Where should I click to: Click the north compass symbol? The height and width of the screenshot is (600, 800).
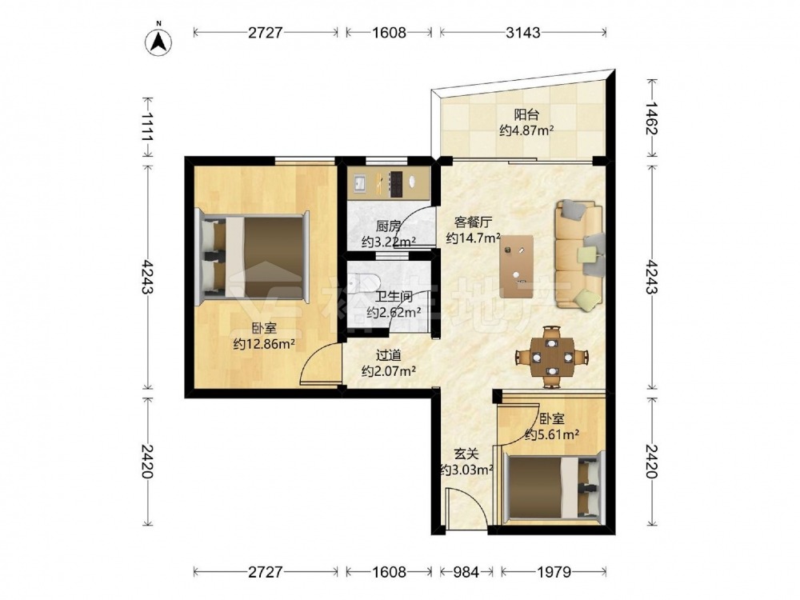pos(158,41)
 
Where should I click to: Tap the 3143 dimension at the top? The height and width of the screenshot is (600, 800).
pos(523,32)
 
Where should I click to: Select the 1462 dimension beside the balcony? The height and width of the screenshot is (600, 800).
pos(651,118)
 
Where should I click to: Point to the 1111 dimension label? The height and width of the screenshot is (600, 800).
pos(148,126)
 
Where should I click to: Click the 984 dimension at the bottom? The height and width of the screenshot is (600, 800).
pos(466,572)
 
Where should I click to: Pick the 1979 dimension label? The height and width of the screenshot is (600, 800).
pos(554,572)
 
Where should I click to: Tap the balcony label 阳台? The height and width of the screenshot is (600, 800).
pos(526,114)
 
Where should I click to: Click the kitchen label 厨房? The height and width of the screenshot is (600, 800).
pos(388,226)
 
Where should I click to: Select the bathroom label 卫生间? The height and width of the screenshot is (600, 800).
pos(394,296)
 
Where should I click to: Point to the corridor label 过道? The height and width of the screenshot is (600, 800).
pos(388,355)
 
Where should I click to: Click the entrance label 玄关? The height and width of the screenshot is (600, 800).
pos(466,454)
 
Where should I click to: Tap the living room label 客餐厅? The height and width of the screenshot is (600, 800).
pos(473,222)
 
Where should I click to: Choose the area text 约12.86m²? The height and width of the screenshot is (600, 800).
pos(264,344)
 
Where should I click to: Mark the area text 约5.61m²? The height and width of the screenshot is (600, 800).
pos(552,435)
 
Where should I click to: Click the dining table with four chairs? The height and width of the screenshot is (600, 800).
pos(551,357)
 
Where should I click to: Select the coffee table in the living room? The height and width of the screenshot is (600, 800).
pos(517,266)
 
